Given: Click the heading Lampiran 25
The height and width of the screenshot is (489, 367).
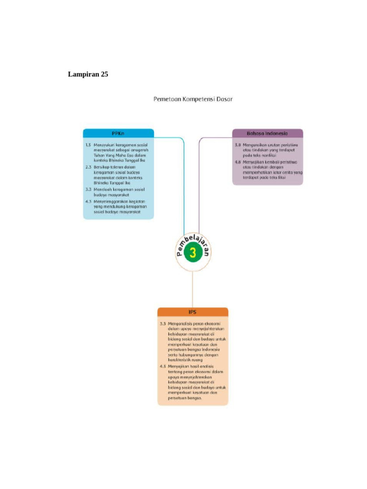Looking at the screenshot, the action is pyautogui.click(x=88, y=74).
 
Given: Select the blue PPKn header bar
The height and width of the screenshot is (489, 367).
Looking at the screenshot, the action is pyautogui.click(x=119, y=133).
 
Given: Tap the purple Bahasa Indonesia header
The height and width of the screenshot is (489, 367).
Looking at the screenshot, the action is pyautogui.click(x=267, y=133).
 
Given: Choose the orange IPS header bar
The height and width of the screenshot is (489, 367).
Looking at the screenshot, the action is pyautogui.click(x=193, y=312).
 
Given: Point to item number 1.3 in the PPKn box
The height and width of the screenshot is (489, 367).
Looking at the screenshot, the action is pyautogui.click(x=88, y=144).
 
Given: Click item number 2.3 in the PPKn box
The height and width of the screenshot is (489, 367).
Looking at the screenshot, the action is pyautogui.click(x=88, y=167).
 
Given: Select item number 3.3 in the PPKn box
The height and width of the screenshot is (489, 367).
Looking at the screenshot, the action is pyautogui.click(x=88, y=190).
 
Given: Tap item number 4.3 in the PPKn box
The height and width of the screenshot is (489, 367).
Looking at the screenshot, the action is pyautogui.click(x=88, y=201).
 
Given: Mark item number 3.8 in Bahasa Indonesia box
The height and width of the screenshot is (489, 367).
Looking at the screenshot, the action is pyautogui.click(x=237, y=144).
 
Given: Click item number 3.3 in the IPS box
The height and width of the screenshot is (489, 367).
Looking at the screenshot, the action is pyautogui.click(x=163, y=323).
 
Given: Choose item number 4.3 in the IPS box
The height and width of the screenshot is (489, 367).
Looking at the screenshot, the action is pyautogui.click(x=163, y=366).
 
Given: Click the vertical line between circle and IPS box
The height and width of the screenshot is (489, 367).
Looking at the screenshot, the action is pyautogui.click(x=193, y=289).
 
